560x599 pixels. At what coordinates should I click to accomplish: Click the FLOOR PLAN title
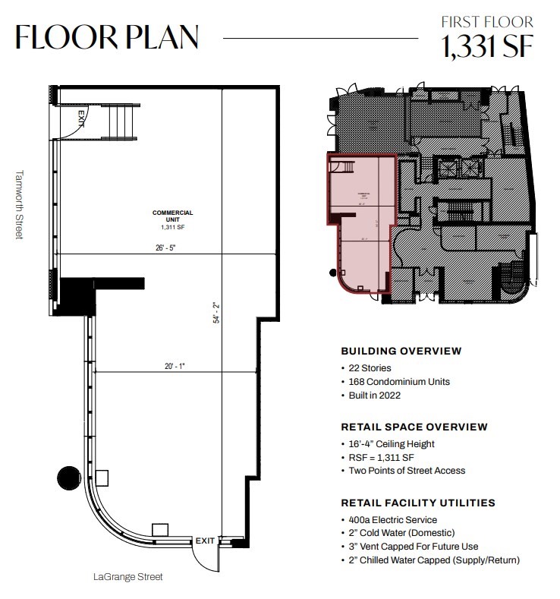point(107,37)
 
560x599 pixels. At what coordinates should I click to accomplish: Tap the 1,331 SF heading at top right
point(488,47)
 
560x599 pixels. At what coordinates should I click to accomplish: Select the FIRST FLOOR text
point(487,22)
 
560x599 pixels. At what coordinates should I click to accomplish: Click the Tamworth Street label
point(19,204)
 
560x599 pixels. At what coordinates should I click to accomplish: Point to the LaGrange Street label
point(127,577)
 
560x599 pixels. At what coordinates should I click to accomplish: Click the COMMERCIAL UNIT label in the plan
point(172,216)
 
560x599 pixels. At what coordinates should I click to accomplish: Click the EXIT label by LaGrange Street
point(205,541)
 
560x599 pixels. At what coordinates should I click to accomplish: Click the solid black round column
point(68,477)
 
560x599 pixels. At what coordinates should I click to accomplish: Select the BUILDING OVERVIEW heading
point(401,351)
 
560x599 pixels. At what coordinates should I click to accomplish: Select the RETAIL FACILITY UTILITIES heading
point(418,503)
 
